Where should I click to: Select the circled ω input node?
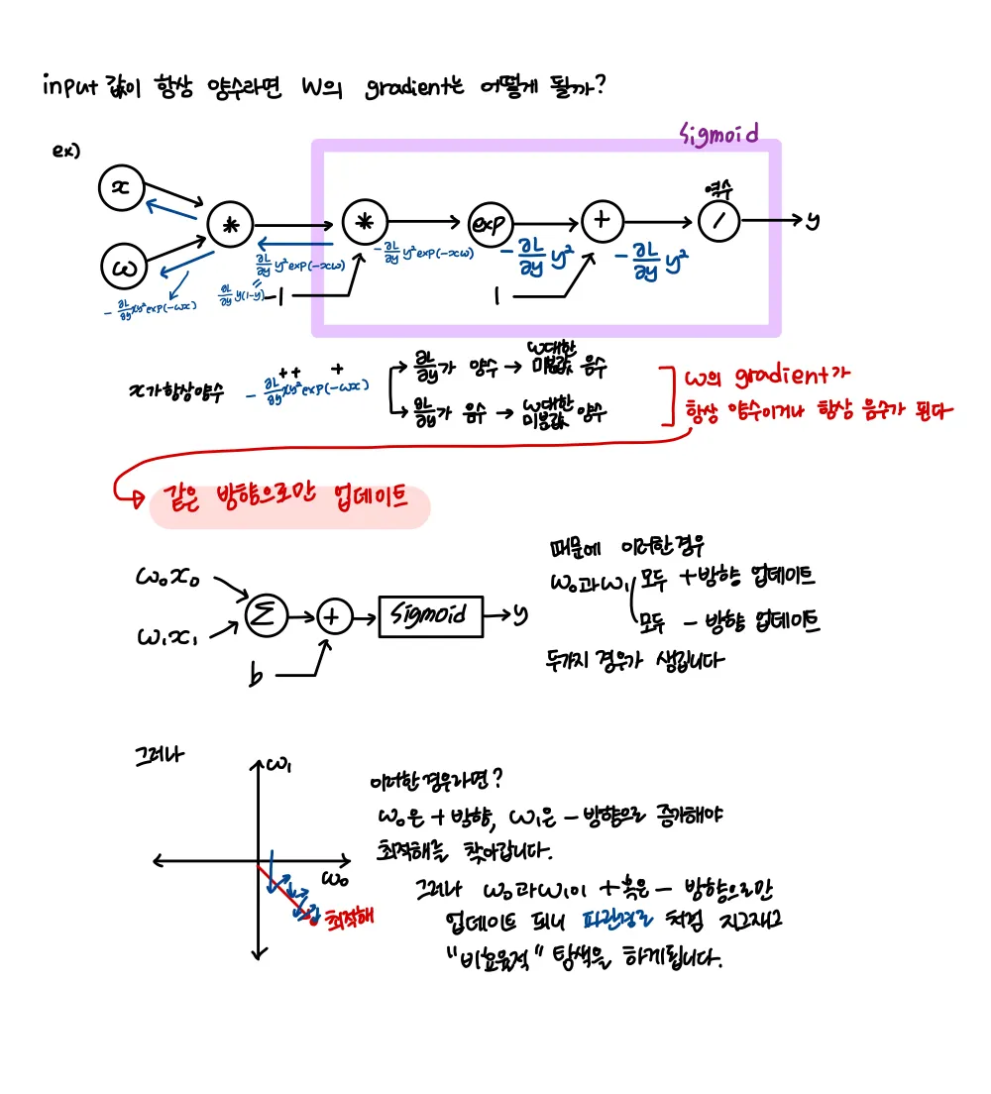[125, 266]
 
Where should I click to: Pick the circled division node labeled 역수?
[720, 221]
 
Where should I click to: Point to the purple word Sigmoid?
[720, 133]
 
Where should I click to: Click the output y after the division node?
[812, 220]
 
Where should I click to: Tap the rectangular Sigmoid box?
[431, 615]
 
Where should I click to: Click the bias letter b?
[257, 678]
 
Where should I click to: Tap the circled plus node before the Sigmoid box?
[334, 616]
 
